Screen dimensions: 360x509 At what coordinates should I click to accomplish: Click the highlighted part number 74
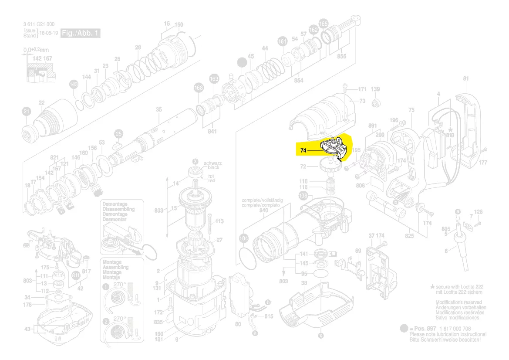[303, 150]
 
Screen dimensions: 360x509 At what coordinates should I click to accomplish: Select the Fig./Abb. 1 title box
[81, 33]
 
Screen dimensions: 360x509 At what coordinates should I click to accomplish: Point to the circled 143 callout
[74, 84]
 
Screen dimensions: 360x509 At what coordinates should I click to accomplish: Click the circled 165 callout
[324, 23]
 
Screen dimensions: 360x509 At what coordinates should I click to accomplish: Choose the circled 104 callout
[244, 238]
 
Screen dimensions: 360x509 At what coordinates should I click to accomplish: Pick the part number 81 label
[466, 79]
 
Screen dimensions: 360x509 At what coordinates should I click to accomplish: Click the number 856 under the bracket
[341, 57]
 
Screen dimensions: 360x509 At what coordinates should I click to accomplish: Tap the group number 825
[409, 236]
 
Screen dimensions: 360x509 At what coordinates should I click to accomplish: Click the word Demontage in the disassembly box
[115, 204]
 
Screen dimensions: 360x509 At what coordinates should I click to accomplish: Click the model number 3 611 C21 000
[39, 24]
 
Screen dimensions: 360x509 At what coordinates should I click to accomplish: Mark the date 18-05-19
[49, 33]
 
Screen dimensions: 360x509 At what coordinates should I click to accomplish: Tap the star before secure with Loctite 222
[432, 287]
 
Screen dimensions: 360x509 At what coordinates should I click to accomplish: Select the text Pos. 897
[425, 328]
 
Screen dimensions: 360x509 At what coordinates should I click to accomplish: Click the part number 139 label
[375, 89]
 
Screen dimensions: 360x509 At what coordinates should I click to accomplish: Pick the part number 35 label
[158, 109]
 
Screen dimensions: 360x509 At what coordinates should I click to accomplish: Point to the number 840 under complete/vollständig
[263, 210]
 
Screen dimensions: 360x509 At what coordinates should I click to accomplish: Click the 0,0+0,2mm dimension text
[36, 51]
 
